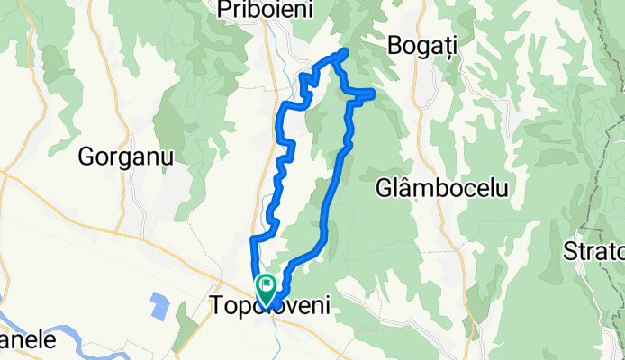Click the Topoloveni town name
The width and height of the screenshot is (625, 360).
point(269,307)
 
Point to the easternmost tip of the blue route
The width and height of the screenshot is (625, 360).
point(373,92)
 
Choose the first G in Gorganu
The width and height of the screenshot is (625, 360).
point(87,156)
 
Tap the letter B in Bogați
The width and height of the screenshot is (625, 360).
point(394,44)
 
